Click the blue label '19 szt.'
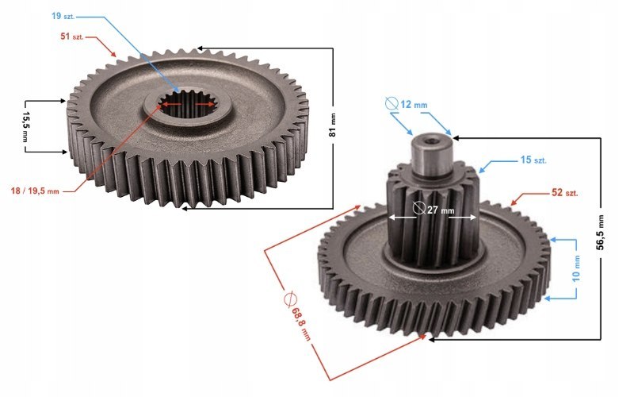(63, 16)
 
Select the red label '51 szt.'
(72, 37)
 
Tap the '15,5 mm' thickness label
(25, 126)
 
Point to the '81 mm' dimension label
(333, 125)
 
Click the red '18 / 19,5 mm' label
(35, 191)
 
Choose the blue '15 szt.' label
(533, 160)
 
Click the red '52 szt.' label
(565, 192)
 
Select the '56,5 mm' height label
(600, 232)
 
